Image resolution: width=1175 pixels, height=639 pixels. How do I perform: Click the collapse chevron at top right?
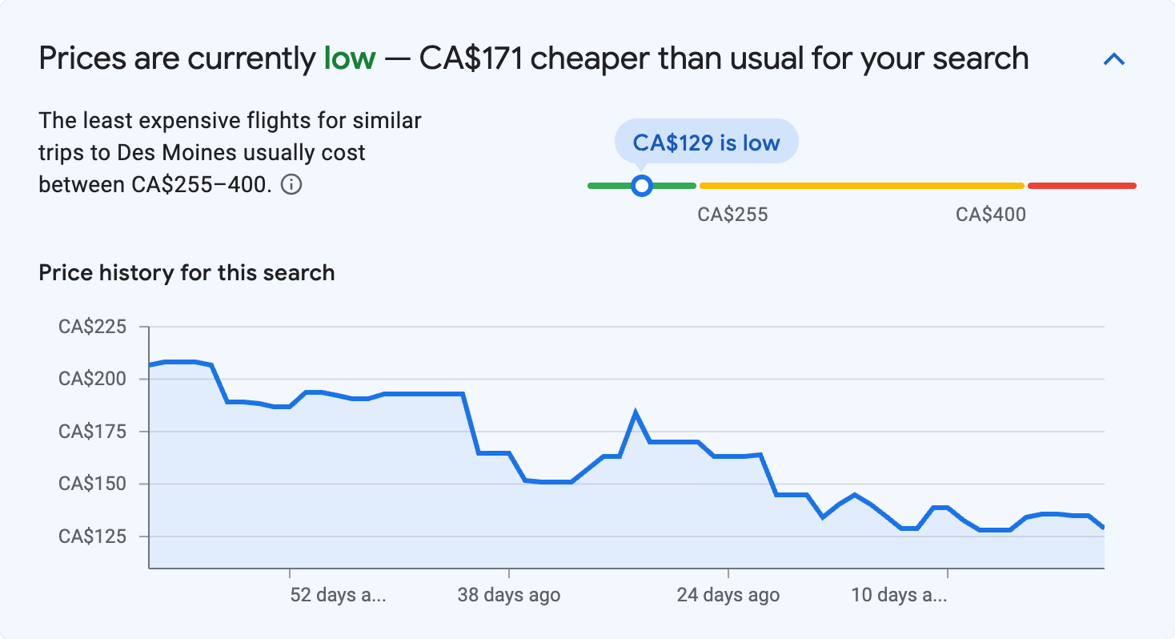click(1114, 59)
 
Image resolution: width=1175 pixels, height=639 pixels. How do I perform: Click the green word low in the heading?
click(349, 58)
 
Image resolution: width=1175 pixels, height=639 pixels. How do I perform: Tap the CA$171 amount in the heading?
click(471, 58)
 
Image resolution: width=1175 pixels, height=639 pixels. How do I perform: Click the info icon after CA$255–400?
click(292, 185)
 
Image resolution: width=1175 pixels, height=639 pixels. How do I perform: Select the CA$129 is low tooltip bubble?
click(706, 143)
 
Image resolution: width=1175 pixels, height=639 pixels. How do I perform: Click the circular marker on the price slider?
click(641, 186)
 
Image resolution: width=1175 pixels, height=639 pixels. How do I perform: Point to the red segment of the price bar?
click(1081, 186)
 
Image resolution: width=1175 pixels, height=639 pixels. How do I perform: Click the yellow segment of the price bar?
click(861, 186)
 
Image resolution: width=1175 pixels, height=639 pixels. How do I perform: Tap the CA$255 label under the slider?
click(732, 215)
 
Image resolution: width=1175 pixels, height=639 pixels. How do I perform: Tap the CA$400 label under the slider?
click(991, 215)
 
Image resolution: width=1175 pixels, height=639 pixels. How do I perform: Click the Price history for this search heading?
click(186, 273)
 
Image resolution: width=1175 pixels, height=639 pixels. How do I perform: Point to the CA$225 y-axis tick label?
click(92, 327)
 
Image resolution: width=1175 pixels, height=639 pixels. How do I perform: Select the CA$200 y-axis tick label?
click(92, 379)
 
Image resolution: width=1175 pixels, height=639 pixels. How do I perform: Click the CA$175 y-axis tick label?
click(92, 432)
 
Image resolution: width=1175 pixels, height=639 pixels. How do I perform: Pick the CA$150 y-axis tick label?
click(92, 484)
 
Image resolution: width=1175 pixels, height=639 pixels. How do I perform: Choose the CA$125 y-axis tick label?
click(92, 536)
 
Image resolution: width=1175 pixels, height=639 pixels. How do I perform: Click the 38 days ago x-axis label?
click(509, 595)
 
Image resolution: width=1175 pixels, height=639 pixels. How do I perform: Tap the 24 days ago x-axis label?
click(728, 595)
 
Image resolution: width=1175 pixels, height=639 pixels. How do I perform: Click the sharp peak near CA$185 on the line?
click(636, 414)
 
